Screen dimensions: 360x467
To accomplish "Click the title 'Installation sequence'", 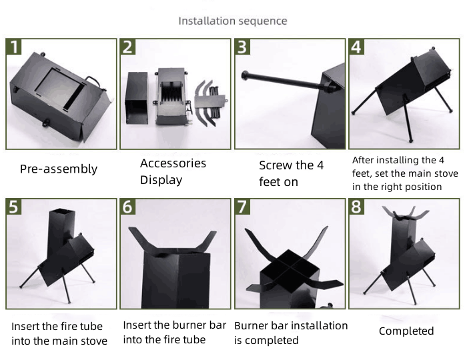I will coord(233,21).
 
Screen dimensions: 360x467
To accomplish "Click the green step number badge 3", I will coord(244,47).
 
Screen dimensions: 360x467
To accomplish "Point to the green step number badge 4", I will coord(357,47).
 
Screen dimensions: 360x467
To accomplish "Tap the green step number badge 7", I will coord(244,207).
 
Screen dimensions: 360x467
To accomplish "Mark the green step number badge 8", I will coord(357,207).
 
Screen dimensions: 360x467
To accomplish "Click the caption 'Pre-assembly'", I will coord(58,169).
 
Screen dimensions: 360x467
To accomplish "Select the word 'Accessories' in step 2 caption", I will coord(173,163).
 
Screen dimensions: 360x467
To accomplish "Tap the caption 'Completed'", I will coord(406,331).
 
